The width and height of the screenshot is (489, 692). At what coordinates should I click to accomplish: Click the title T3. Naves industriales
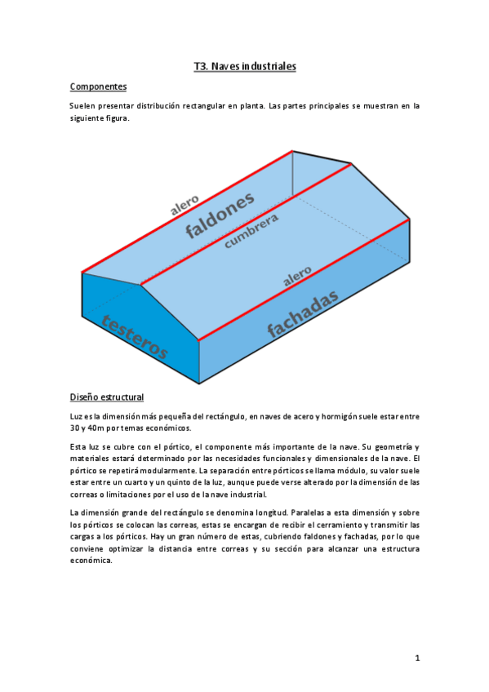[x=244, y=66]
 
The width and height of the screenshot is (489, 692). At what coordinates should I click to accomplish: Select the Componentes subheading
[x=98, y=86]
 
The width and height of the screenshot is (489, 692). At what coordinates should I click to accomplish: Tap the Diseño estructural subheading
[x=107, y=397]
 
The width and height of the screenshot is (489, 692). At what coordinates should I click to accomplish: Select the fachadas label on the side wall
[x=302, y=317]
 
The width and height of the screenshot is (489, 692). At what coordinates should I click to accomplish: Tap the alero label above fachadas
[x=297, y=275]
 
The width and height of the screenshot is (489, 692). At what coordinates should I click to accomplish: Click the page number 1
[x=416, y=657]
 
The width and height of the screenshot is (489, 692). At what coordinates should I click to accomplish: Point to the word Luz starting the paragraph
[x=77, y=416]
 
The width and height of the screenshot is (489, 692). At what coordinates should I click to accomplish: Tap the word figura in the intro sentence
[x=115, y=118]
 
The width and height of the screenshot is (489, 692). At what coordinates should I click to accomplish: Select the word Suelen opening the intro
[x=82, y=106]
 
